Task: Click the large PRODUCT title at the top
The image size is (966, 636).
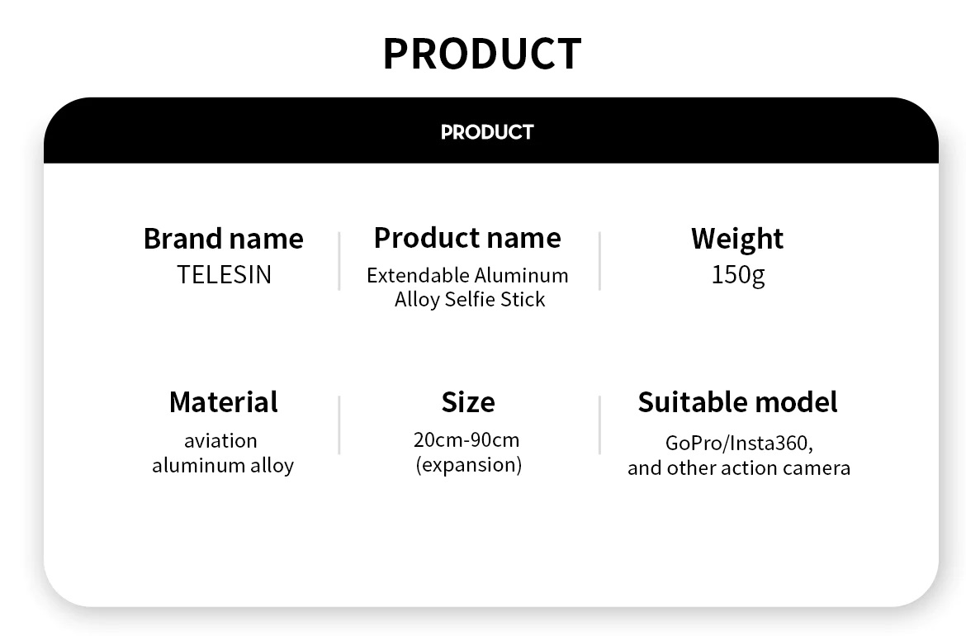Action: [482, 54]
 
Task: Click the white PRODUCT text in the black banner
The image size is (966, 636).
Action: [487, 132]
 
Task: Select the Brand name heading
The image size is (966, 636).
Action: [224, 239]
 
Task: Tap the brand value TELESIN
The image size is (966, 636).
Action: [225, 275]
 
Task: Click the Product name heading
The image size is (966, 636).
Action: [467, 238]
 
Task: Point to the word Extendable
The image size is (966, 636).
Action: [417, 276]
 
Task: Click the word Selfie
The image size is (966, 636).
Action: [470, 300]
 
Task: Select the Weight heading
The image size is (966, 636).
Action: [737, 239]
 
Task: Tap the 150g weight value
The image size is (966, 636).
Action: [738, 275]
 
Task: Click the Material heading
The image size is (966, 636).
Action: [224, 402]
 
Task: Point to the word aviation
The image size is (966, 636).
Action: [220, 440]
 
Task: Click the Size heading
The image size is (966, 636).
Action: [468, 402]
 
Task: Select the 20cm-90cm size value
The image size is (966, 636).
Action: [467, 440]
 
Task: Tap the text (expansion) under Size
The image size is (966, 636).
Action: [469, 465]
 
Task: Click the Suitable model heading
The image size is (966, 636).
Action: [737, 402]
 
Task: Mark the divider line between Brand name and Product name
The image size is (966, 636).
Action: [339, 261]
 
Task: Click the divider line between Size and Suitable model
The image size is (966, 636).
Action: [599, 425]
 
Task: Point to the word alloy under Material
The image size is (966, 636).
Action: [272, 466]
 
